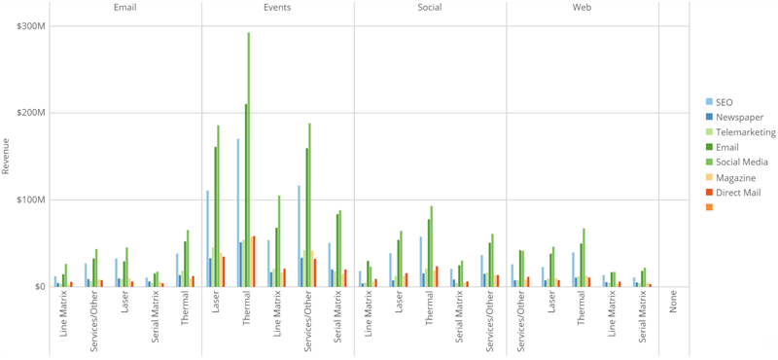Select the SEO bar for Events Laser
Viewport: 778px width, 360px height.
pos(207,238)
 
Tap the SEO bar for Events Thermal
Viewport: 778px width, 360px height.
pos(238,213)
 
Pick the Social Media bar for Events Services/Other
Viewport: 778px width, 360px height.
pos(309,205)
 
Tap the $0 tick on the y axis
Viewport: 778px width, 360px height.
pos(38,287)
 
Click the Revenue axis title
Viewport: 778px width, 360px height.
pos(7,156)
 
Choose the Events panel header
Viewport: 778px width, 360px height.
pos(277,8)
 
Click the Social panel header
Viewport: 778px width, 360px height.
pos(430,8)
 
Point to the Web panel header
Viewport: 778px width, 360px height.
pos(583,8)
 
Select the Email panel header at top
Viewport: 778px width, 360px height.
pos(124,8)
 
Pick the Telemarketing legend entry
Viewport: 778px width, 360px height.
pos(744,132)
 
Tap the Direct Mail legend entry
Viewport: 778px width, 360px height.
pos(740,193)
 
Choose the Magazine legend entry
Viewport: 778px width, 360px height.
pos(736,177)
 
